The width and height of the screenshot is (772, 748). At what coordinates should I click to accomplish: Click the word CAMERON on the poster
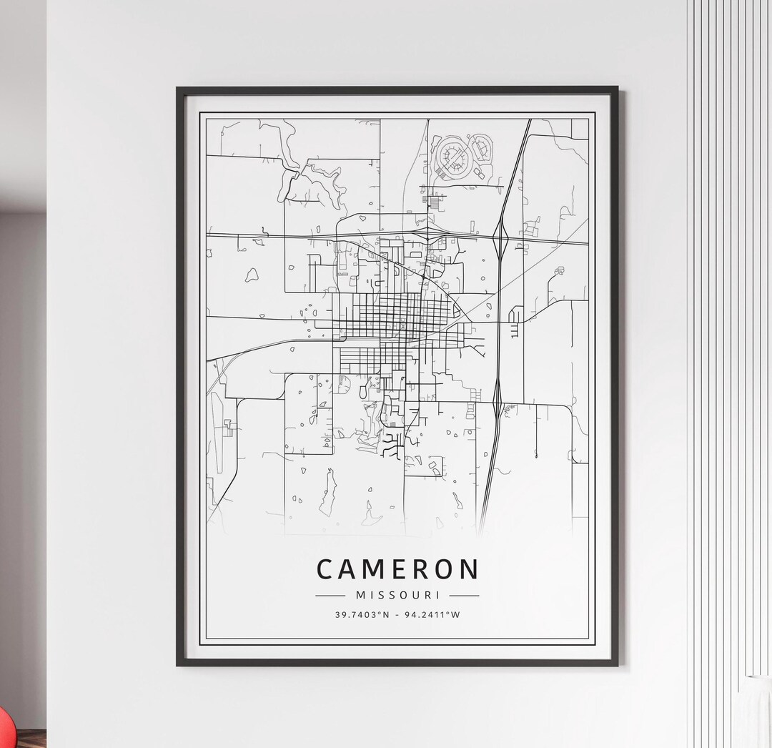coord(397,570)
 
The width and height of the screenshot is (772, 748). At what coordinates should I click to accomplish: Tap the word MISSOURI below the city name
coord(397,595)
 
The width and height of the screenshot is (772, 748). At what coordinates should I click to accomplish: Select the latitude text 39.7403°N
coord(362,614)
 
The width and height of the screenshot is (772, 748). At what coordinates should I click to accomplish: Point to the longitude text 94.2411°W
coord(433,614)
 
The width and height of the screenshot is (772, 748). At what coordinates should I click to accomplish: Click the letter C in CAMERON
coord(325,570)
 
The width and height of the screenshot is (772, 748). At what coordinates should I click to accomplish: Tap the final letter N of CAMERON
coord(469,570)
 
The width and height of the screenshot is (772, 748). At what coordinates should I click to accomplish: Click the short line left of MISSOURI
coord(330,595)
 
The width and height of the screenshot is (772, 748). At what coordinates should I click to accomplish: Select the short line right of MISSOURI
coord(465,595)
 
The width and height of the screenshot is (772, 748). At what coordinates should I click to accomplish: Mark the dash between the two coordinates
coord(397,614)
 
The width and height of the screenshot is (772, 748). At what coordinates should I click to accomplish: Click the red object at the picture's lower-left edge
coord(5,729)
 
